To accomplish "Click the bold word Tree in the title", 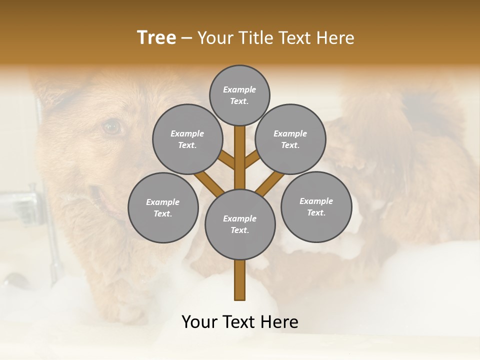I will (156, 37).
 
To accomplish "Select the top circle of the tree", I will (239, 95).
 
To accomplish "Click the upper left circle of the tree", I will (187, 139).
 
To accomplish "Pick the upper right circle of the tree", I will (290, 139).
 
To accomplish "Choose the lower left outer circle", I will (163, 207).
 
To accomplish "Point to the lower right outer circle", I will (316, 206).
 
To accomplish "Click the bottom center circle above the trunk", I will (240, 224).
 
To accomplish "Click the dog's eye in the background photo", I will (112, 127).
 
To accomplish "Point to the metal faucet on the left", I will (22, 202).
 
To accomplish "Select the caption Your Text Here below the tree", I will (240, 321).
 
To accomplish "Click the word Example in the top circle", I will (239, 89).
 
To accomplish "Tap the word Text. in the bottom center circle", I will (239, 230).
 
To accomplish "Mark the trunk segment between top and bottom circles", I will (240, 157).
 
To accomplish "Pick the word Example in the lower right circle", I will (316, 201).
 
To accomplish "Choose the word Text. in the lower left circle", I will (162, 213).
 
